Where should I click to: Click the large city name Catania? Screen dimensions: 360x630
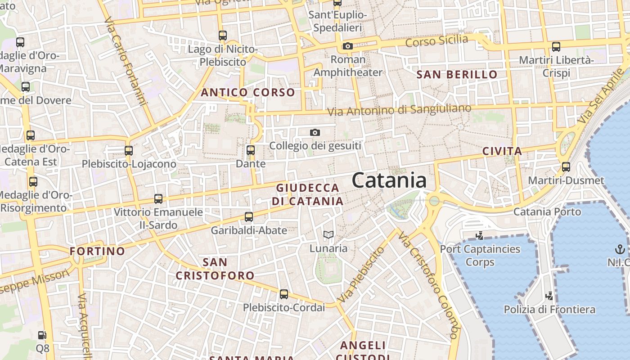[x=389, y=180]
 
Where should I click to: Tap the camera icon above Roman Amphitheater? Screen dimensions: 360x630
[x=347, y=46]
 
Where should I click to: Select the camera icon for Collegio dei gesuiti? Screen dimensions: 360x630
[x=315, y=132]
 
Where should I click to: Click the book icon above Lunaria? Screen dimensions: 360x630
[x=328, y=234]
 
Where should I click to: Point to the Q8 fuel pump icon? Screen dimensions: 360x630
[x=42, y=335]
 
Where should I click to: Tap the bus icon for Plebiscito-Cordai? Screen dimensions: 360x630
[x=283, y=294]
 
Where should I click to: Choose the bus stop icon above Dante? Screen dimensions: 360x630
[x=251, y=150]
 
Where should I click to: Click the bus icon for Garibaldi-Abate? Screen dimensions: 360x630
[x=249, y=217]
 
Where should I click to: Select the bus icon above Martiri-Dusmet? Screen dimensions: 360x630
[x=566, y=167]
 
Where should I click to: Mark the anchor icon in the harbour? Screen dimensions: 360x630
[x=620, y=249]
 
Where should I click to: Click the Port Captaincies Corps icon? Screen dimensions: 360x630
[x=479, y=235]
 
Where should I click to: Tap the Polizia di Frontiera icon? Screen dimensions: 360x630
[x=549, y=296]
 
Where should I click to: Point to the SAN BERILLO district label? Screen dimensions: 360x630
[x=457, y=75]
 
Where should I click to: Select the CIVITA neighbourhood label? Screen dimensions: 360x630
[x=502, y=151]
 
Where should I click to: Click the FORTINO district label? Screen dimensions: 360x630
[x=97, y=251]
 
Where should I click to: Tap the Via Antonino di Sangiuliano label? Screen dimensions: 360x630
[x=399, y=109]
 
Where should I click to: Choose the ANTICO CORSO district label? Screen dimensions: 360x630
[x=248, y=93]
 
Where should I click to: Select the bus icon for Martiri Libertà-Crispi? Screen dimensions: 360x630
[x=556, y=46]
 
